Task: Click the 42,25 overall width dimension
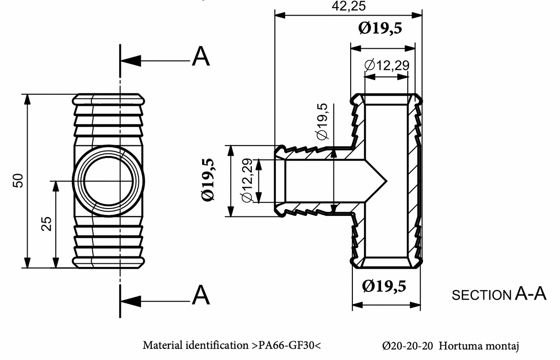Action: pos(348,6)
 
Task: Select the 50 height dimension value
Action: pos(18,180)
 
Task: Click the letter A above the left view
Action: pos(201,57)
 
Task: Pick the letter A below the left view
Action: pos(201,295)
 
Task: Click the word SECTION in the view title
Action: pos(482,295)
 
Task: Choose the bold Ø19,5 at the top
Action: pos(380,29)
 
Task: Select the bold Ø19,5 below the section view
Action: pos(384,286)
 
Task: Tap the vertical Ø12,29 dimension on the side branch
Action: pos(246,180)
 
